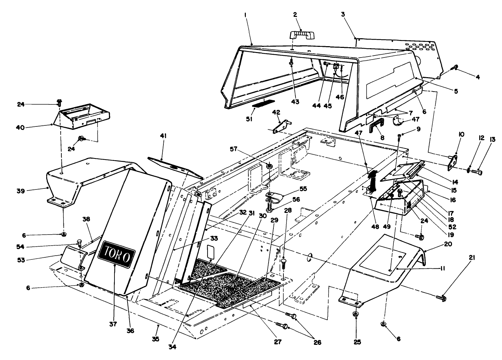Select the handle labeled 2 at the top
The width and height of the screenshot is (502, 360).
[x=300, y=35]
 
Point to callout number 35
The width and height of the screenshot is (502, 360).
[x=155, y=339]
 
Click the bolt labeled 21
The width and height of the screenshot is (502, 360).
[x=441, y=297]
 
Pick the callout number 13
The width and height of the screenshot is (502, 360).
[x=492, y=140]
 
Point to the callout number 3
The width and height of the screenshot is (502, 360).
[x=343, y=15]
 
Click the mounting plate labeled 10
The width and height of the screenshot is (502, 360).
[x=452, y=162]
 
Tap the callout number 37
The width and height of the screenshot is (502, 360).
[x=113, y=324]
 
